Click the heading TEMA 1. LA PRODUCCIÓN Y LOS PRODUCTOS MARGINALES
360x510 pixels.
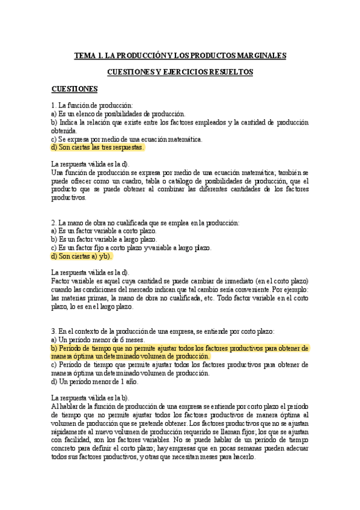coord(180,56)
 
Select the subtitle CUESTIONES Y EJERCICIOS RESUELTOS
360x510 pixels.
coord(180,72)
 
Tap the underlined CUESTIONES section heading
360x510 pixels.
coord(75,89)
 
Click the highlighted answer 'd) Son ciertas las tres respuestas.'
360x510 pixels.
coord(98,147)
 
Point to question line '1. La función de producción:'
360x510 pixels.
coord(92,106)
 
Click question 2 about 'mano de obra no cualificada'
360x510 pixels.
coord(145,223)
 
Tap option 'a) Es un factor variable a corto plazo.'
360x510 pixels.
coord(104,231)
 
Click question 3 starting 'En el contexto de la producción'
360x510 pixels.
coord(163,331)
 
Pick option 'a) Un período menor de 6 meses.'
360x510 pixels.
coord(94,339)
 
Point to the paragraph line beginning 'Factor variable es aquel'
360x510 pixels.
coord(180,281)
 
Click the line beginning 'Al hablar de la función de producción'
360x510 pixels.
coord(180,407)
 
